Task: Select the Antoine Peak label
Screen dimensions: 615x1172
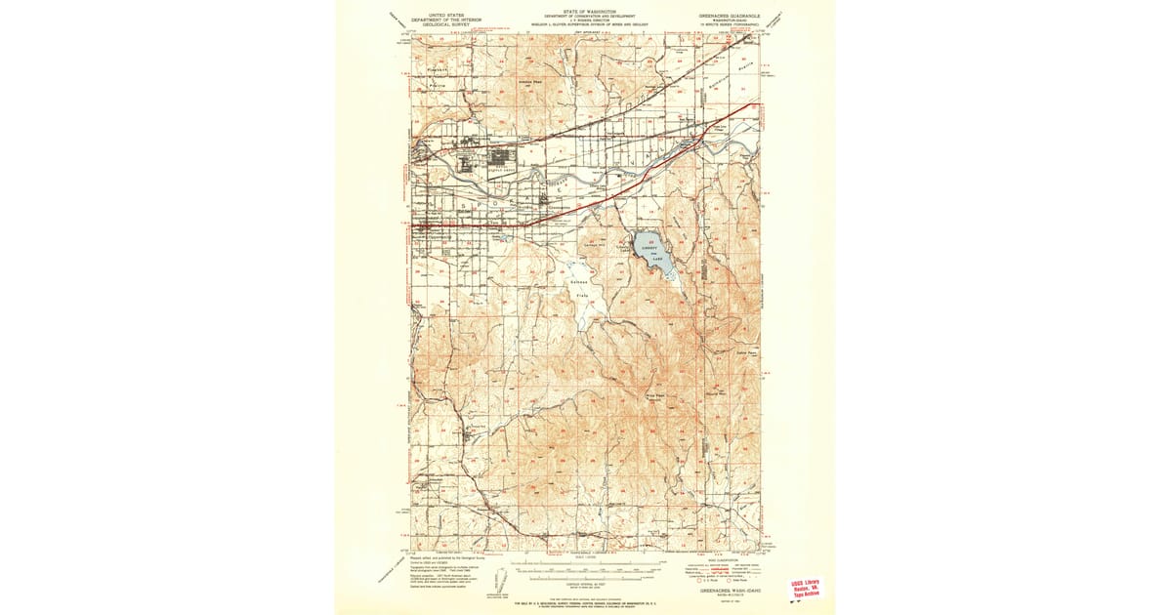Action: (x=530, y=83)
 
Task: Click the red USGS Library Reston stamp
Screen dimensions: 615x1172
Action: (x=807, y=589)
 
